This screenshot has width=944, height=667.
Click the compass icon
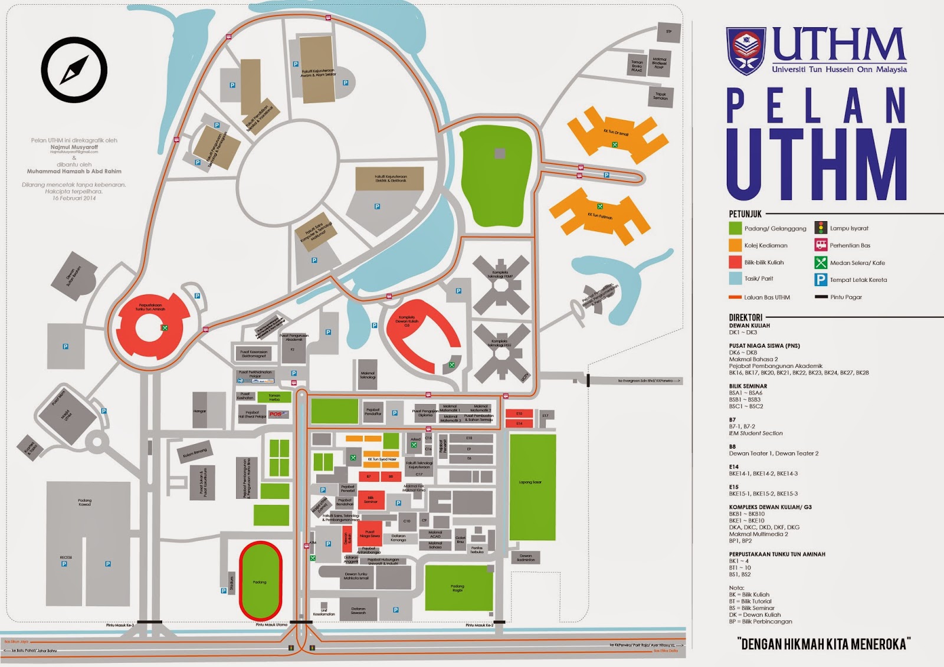[74, 70]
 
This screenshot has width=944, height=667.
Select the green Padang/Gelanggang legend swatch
[735, 228]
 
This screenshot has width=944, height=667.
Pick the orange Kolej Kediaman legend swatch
[735, 245]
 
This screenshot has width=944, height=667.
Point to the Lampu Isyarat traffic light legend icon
[821, 228]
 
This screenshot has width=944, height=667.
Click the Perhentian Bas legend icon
[821, 245]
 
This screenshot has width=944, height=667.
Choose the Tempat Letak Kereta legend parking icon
[821, 280]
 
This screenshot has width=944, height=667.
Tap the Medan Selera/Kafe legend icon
[821, 262]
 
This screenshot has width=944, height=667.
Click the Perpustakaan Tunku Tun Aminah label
[150, 307]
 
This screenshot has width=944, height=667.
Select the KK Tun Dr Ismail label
[615, 133]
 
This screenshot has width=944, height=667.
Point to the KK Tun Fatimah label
[599, 216]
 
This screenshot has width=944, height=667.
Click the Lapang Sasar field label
[530, 482]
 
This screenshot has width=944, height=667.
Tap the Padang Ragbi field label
[457, 587]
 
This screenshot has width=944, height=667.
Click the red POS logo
[276, 414]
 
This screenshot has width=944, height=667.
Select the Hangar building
[200, 411]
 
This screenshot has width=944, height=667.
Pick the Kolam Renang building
[195, 453]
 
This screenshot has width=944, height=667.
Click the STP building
[668, 32]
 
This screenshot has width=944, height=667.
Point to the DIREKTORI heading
[745, 317]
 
